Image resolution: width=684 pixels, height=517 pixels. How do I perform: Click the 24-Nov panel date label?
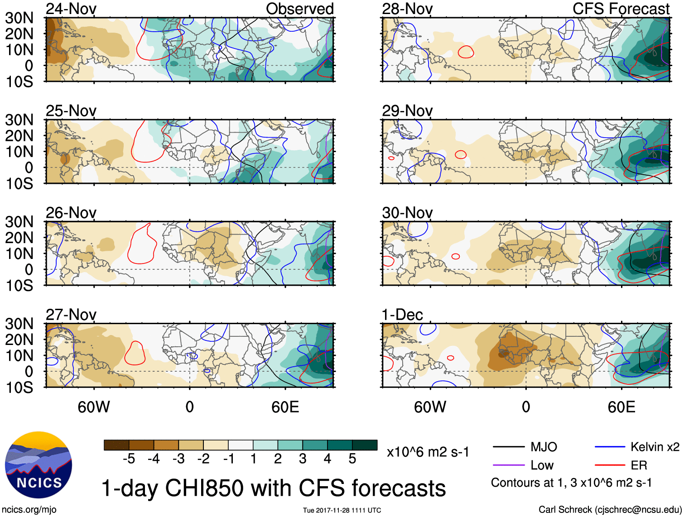[x=71, y=9]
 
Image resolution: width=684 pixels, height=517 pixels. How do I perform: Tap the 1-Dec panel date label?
[x=402, y=315]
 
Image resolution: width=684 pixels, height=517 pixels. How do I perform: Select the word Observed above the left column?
[x=299, y=9]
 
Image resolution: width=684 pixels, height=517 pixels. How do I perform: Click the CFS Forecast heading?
[x=621, y=9]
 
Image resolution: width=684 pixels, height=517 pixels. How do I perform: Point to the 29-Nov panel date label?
[x=407, y=111]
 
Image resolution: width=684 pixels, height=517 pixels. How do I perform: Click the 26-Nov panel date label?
[x=71, y=213]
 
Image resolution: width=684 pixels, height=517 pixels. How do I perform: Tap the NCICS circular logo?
[x=39, y=465]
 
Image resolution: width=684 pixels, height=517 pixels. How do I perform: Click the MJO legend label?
[x=544, y=447]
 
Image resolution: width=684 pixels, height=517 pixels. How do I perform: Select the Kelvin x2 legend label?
[x=655, y=447]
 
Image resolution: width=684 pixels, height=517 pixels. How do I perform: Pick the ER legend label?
[x=639, y=465]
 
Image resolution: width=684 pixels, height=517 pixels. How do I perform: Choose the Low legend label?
[x=542, y=465]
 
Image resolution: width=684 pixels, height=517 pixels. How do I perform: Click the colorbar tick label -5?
[x=129, y=459]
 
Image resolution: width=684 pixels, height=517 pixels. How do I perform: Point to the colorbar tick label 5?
[x=352, y=459]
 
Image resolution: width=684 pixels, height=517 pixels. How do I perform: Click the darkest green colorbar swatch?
[x=365, y=445]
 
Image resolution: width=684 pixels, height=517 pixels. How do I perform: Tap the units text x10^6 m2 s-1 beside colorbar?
[x=428, y=452]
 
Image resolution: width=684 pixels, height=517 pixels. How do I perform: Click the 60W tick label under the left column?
[x=94, y=407]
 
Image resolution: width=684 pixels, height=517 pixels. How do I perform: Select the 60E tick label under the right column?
[x=621, y=407]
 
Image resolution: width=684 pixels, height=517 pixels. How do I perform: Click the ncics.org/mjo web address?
[x=29, y=510]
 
